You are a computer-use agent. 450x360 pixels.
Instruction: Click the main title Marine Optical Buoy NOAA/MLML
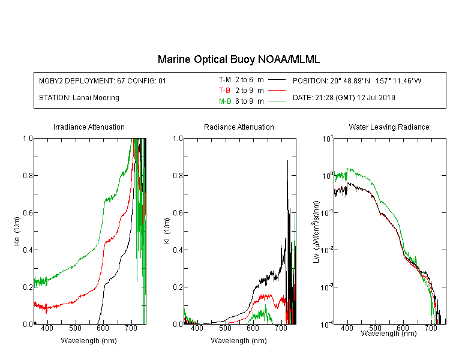point(238,59)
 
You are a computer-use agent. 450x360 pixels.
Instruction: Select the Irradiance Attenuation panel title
point(89,127)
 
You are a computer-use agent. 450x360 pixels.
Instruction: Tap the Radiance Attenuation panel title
point(239,127)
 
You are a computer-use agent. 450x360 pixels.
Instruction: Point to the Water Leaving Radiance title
point(389,127)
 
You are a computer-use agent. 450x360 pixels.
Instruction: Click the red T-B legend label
point(224,91)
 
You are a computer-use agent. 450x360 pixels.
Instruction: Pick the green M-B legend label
point(225,101)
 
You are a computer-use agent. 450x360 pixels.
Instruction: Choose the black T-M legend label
point(225,80)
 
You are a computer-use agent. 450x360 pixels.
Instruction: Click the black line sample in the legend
point(277,80)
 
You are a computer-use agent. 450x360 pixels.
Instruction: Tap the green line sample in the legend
point(277,101)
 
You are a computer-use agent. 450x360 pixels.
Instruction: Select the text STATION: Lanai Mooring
point(79,98)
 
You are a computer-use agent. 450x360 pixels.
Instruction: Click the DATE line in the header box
point(344,98)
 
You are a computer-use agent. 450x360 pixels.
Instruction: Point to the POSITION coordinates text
point(357,80)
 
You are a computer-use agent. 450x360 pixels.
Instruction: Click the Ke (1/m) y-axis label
point(17,231)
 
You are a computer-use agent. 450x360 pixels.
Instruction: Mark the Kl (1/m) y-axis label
point(167,231)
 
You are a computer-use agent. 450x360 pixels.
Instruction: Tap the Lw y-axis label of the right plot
point(316,232)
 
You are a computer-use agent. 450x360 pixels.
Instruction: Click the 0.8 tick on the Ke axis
point(28,175)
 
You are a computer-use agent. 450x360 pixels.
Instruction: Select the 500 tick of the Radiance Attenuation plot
point(225,328)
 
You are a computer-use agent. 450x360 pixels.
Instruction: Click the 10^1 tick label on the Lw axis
point(327,139)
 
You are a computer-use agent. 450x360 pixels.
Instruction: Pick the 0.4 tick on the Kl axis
point(178,250)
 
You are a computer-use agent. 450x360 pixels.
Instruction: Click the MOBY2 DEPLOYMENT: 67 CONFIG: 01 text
point(103,80)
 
